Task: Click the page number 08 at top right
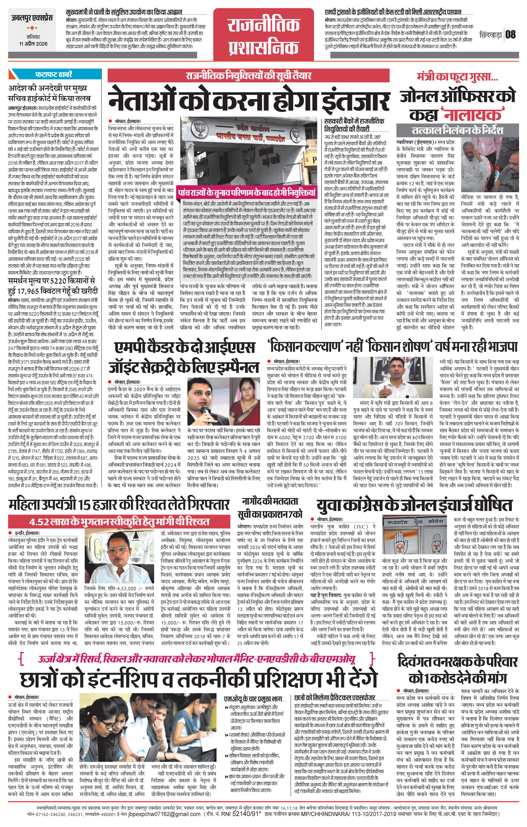(x=511, y=34)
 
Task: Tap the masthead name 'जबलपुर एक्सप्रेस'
(x=32, y=18)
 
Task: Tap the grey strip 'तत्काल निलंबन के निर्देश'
(x=457, y=130)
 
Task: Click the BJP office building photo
(x=249, y=151)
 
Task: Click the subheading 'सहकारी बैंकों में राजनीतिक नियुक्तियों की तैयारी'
(x=354, y=125)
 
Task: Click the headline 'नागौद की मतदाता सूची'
(x=270, y=508)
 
